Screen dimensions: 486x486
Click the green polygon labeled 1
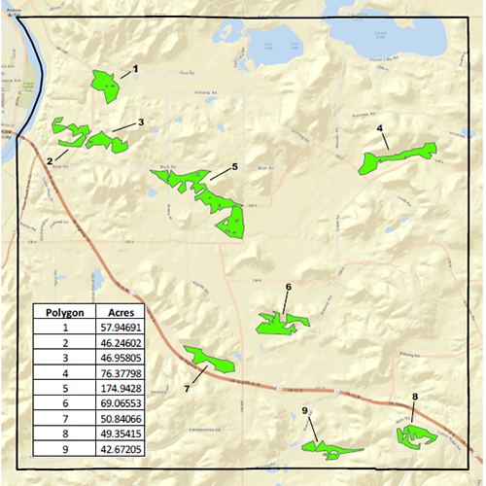pos(104,85)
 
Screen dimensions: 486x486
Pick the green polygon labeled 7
pos(211,360)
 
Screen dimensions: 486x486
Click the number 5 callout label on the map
pos(234,167)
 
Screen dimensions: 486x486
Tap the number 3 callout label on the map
pos(141,122)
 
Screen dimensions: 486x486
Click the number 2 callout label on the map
pos(49,161)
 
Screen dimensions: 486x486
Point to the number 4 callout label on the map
pos(379,129)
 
